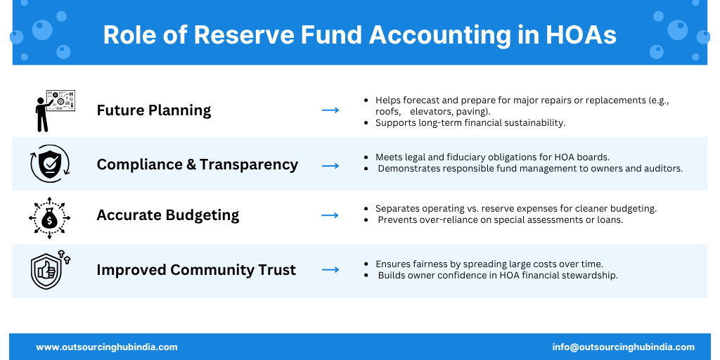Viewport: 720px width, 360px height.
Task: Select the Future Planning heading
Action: coord(154,110)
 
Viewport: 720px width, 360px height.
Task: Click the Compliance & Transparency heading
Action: coord(198,165)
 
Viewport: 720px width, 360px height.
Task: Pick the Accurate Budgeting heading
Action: coord(168,215)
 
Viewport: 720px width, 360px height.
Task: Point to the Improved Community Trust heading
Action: coord(196,270)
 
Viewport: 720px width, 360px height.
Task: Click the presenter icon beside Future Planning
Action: coord(55,110)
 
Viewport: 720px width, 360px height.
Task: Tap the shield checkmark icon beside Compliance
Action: coord(50,164)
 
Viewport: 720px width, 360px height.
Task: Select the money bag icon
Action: coord(50,218)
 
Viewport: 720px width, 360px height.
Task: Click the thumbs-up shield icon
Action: coord(50,269)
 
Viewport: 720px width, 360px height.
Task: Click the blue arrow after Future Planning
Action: coord(330,110)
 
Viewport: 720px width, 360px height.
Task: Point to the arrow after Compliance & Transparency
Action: coord(330,166)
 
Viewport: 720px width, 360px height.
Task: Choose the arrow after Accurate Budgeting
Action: coord(330,215)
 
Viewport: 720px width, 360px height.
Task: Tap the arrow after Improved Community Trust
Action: coord(330,269)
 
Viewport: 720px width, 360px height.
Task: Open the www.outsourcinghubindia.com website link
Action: coord(107,347)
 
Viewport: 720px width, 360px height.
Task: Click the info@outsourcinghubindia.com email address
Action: coord(624,347)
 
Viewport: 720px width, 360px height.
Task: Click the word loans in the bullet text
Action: coord(610,220)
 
